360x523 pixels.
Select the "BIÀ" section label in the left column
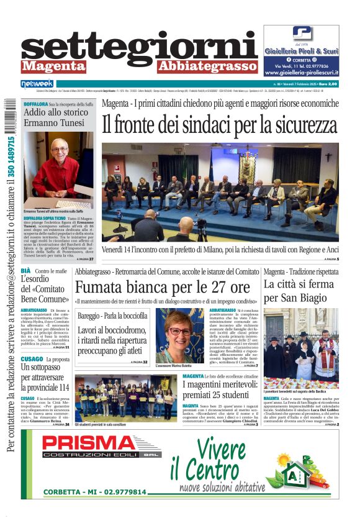(25, 271)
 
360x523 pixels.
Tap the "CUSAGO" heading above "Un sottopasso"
(32, 359)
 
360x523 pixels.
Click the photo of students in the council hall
(125, 397)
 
